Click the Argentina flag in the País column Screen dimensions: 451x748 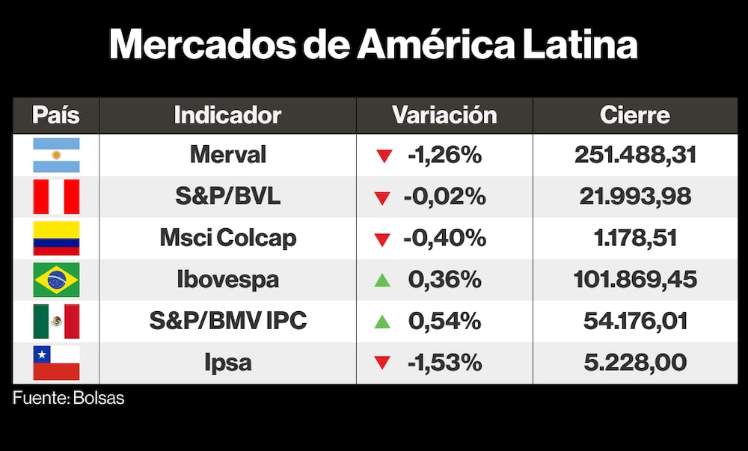[56, 155]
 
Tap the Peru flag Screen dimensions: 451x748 [56, 197]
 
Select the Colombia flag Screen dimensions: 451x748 [56, 238]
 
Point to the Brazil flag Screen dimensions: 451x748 [56, 280]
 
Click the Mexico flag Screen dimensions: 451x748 [56, 321]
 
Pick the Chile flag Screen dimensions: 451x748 [56, 363]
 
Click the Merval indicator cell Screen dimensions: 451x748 [227, 155]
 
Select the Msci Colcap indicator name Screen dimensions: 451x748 [227, 238]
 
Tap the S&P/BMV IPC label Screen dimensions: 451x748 [227, 321]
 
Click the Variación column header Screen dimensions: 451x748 [444, 115]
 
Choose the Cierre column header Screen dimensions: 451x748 [634, 115]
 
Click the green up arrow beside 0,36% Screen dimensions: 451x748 [383, 280]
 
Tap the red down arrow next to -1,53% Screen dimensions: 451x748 [383, 363]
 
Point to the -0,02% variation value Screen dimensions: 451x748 [444, 197]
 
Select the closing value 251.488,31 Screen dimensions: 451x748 [635, 155]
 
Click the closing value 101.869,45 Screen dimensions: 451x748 [635, 280]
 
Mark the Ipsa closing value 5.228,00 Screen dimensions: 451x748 [635, 363]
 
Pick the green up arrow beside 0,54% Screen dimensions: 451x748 [383, 322]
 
